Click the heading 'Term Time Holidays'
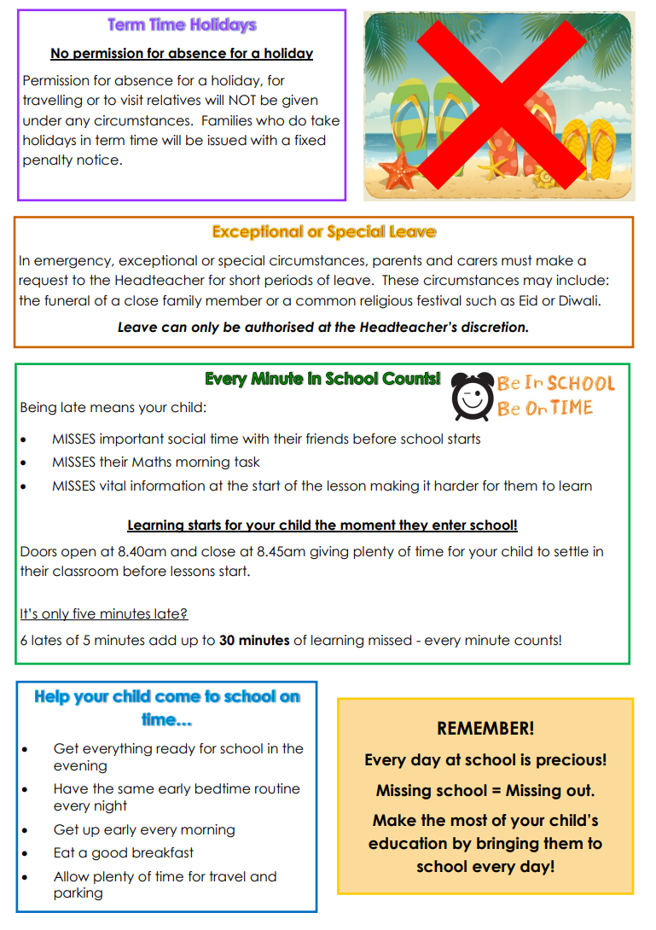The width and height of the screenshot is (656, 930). (x=182, y=25)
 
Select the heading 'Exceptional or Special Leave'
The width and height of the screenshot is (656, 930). (x=323, y=231)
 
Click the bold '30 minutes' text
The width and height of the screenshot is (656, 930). (x=254, y=640)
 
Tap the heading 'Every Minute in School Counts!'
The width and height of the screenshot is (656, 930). (x=322, y=379)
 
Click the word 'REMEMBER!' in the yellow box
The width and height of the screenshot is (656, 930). (x=485, y=728)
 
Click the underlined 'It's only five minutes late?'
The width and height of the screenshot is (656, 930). (x=104, y=613)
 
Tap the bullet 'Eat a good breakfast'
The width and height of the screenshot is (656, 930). (x=124, y=852)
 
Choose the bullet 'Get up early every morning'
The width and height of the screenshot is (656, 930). (x=144, y=829)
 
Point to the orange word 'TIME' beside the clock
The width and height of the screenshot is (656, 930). (x=572, y=408)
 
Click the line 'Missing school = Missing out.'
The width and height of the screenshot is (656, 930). (x=485, y=790)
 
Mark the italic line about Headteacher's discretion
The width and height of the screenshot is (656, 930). (x=323, y=327)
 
